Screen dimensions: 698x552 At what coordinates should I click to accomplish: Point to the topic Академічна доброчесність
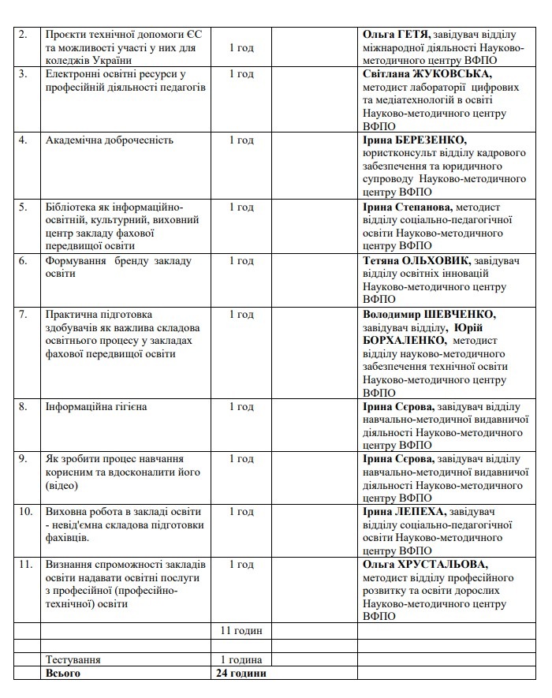click(x=110, y=140)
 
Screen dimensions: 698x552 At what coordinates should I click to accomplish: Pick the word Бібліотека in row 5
click(x=72, y=207)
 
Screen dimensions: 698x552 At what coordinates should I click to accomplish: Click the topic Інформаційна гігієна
click(x=97, y=407)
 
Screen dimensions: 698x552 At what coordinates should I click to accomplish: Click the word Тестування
click(x=73, y=659)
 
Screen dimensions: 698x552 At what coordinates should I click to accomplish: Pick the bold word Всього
click(x=63, y=674)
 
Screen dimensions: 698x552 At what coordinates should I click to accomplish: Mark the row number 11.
click(x=24, y=565)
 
